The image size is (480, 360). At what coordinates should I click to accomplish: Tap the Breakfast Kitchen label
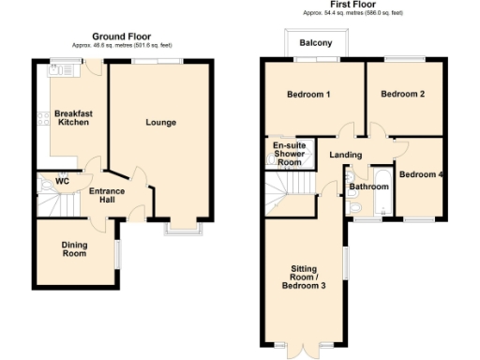(73, 118)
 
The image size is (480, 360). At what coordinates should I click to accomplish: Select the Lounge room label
(160, 123)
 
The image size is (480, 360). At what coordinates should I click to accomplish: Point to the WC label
(62, 180)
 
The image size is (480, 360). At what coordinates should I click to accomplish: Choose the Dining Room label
(74, 249)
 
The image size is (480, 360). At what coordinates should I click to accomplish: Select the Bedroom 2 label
(403, 94)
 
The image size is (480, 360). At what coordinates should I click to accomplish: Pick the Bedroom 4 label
(420, 174)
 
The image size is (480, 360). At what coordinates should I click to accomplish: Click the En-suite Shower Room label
(289, 154)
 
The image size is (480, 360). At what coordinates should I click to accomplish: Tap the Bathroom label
(368, 187)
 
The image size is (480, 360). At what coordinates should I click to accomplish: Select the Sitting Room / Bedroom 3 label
(304, 279)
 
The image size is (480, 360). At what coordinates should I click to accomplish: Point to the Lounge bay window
(181, 226)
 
